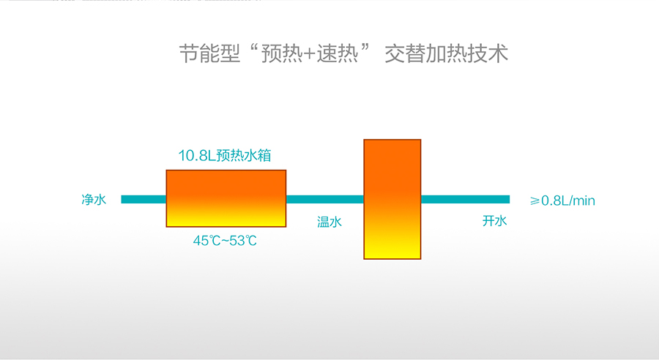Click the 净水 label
94,200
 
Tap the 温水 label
329,222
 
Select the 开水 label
495,220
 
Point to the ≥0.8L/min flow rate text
563,200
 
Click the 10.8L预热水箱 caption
225,155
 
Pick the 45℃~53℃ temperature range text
225,241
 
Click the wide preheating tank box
226,198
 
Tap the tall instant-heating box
392,199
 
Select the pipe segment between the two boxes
325,199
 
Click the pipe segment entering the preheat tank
144,199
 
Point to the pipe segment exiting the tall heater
465,199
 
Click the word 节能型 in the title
209,53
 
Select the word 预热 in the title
282,53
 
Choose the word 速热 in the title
337,53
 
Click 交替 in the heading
405,53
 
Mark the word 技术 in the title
488,53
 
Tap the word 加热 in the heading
447,53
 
